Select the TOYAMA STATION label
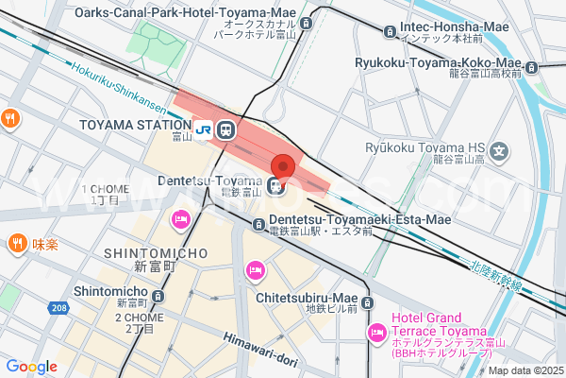pos(136,126)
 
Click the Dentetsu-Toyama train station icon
pos(275,186)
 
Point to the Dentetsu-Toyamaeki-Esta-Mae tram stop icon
pos(259,224)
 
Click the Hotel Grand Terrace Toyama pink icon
pos(376,332)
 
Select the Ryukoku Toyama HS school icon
pos(499,151)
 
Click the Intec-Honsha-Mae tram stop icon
pos(390,32)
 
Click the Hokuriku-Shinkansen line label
pos(128,89)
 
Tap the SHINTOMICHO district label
pos(150,253)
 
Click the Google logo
pos(32,367)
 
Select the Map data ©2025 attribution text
pos(524,369)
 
